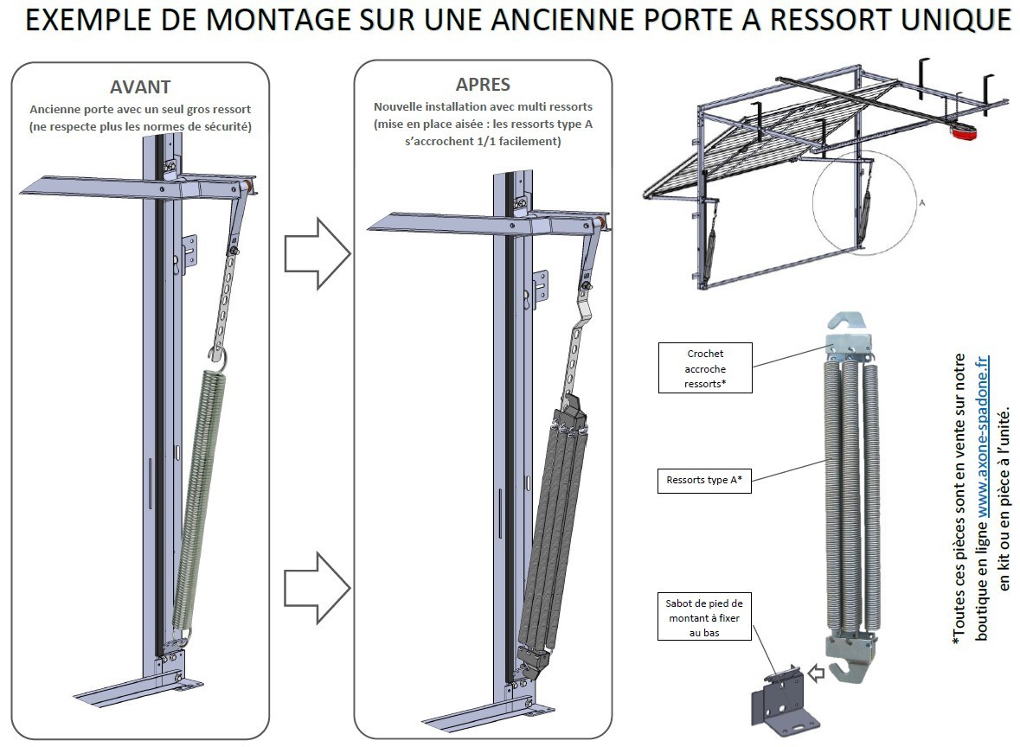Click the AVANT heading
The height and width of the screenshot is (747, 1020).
coord(140,87)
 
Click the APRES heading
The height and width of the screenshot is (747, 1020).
coord(483,85)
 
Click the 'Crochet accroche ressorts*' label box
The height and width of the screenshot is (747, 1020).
coord(705,367)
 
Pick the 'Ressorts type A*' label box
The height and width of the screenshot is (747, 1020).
coord(704,480)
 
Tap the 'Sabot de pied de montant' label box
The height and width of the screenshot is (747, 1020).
coord(705,616)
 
